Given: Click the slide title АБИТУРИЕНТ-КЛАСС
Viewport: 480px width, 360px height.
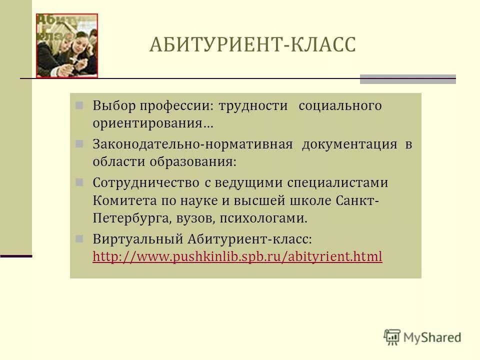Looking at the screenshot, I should point(252,45).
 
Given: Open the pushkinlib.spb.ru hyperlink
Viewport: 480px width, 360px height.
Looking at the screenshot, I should point(237,257).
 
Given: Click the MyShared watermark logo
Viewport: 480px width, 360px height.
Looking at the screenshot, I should point(422,337).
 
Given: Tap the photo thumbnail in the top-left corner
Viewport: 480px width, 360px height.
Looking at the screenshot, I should point(66,45).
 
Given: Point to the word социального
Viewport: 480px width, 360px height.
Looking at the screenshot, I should point(340,106).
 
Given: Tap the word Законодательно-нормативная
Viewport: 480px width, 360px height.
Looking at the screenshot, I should point(192,144).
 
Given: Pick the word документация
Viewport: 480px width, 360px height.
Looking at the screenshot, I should point(349,144).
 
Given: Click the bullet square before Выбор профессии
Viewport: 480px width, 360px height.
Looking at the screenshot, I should point(79,105).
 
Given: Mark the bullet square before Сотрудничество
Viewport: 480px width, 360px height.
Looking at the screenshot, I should point(79,182).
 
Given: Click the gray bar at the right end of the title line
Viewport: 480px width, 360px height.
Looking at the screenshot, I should point(407,79).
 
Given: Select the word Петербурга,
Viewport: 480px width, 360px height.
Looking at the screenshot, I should point(132,218).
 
